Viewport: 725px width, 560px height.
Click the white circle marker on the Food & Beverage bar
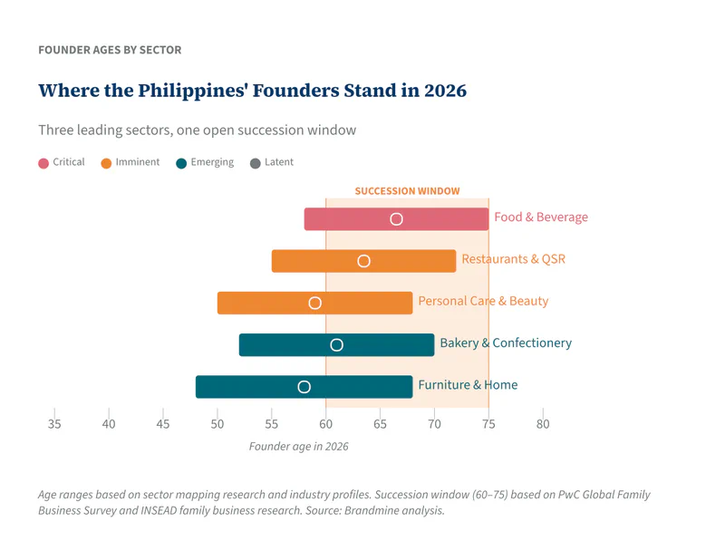396,219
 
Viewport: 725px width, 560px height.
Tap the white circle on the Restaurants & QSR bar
363,261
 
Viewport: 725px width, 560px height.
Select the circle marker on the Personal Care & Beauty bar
314,303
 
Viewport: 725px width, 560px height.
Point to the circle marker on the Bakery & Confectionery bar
336,345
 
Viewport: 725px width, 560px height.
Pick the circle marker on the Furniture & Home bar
304,387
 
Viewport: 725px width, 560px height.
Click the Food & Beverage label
540,217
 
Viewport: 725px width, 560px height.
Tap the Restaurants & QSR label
513,259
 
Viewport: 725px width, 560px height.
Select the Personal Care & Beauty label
482,301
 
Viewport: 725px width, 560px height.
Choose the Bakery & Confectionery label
505,343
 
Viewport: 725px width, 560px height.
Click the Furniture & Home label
468,385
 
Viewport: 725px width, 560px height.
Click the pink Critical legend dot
43,163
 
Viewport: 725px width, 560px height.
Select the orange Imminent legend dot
106,163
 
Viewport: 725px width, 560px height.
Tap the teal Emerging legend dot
181,163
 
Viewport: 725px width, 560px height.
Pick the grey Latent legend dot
255,163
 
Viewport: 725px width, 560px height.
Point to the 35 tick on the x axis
54,423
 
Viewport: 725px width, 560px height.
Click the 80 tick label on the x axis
543,424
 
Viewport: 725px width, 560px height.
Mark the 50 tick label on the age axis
217,424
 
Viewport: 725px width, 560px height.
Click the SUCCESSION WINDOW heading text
407,191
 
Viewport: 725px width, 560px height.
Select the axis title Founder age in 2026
298,447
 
